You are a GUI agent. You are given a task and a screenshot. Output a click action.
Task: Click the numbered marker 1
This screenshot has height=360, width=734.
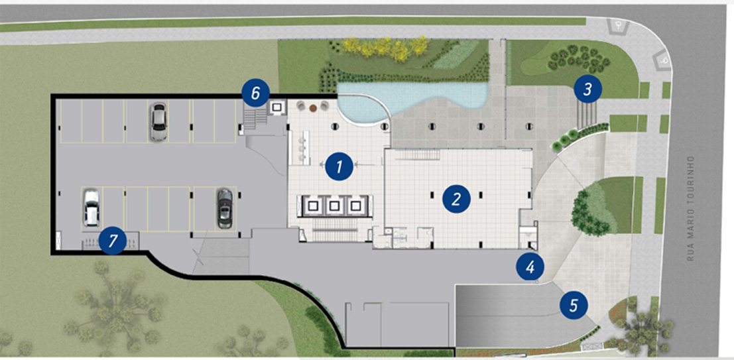point(339,166)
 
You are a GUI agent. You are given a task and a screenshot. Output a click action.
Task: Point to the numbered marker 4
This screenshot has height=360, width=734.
point(530,267)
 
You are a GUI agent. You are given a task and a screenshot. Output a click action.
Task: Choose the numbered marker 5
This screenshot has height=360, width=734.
point(574,305)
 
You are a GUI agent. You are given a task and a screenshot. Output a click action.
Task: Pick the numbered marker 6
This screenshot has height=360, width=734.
point(255,93)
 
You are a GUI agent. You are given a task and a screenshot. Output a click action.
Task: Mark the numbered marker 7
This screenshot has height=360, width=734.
point(112,241)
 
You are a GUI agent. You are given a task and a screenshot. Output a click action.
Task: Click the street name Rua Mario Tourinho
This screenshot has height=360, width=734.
point(690,208)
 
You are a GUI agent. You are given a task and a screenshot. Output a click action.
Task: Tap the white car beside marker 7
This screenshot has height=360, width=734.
point(92,208)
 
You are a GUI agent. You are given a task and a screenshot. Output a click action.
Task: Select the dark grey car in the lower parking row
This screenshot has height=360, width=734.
point(225,209)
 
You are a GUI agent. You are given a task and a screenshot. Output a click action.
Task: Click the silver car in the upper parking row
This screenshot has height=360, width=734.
point(158,122)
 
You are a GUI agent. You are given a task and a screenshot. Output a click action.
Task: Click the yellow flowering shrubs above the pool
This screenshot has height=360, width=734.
point(387,48)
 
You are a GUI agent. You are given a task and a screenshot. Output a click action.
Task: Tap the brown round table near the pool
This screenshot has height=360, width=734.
point(313,108)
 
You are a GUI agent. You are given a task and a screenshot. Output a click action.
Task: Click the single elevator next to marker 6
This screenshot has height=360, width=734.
point(276,108)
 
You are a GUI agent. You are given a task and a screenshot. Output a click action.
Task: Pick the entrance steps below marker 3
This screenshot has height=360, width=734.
point(587,115)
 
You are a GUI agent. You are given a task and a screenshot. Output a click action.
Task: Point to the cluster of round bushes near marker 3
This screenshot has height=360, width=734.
point(579,58)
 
